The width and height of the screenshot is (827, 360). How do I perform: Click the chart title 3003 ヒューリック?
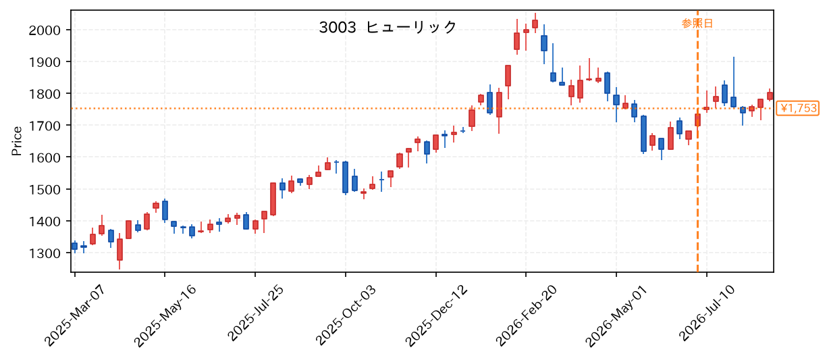tap(388, 27)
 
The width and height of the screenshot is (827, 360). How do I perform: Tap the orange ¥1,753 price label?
tap(798, 108)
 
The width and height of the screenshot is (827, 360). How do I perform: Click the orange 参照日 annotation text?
tap(697, 23)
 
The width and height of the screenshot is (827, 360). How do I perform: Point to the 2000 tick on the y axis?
tap(45, 30)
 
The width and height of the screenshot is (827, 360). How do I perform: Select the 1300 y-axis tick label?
tap(45, 253)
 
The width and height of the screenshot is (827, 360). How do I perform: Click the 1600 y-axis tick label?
tap(45, 157)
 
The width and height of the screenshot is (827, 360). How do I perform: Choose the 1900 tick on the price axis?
tap(45, 62)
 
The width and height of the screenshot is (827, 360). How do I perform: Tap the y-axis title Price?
tap(17, 141)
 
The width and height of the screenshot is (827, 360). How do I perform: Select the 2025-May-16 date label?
tap(165, 316)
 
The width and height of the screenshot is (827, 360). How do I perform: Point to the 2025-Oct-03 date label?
tap(346, 315)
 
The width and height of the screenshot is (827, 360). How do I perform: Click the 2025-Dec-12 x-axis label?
tap(436, 315)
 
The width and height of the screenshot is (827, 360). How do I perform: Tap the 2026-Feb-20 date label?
tap(527, 315)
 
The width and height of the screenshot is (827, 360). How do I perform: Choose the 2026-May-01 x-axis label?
tap(616, 316)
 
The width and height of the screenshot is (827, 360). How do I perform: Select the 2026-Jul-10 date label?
tap(708, 313)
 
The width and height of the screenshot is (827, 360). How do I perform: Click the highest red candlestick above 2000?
tap(535, 24)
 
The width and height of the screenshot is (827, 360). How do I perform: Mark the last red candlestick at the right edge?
tap(770, 96)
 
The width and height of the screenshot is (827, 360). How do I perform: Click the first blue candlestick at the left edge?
tap(74, 246)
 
